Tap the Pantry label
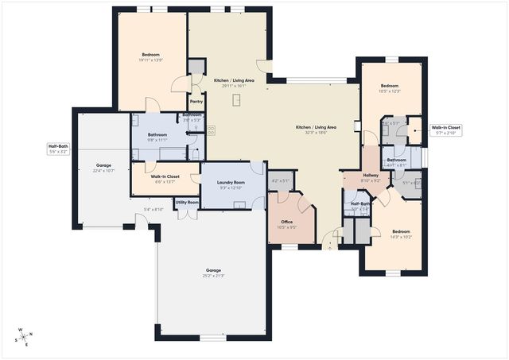(x=196, y=102)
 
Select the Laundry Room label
(x=231, y=183)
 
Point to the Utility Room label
(x=187, y=203)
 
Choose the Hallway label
(x=371, y=175)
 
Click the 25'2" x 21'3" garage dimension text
(x=213, y=276)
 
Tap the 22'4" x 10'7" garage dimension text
(x=104, y=171)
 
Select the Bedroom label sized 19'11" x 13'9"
(x=151, y=55)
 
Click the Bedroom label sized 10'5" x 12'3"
(x=390, y=86)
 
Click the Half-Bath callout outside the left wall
(x=58, y=146)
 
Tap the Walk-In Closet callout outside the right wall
(x=445, y=127)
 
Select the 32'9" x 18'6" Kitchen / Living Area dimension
(x=317, y=133)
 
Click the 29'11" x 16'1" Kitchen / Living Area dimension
(x=234, y=85)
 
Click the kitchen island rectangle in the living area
(x=237, y=99)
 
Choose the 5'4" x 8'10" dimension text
(x=153, y=209)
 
